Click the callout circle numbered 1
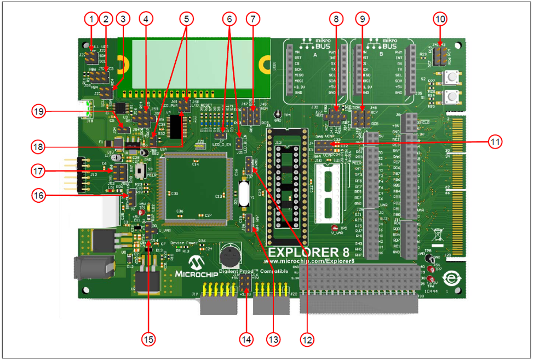click(91, 19)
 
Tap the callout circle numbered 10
click(440, 19)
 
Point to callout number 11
click(495, 141)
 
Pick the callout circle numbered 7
click(252, 19)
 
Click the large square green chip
click(196, 186)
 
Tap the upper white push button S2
click(452, 77)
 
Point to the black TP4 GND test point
click(277, 111)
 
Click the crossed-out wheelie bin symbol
click(437, 233)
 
